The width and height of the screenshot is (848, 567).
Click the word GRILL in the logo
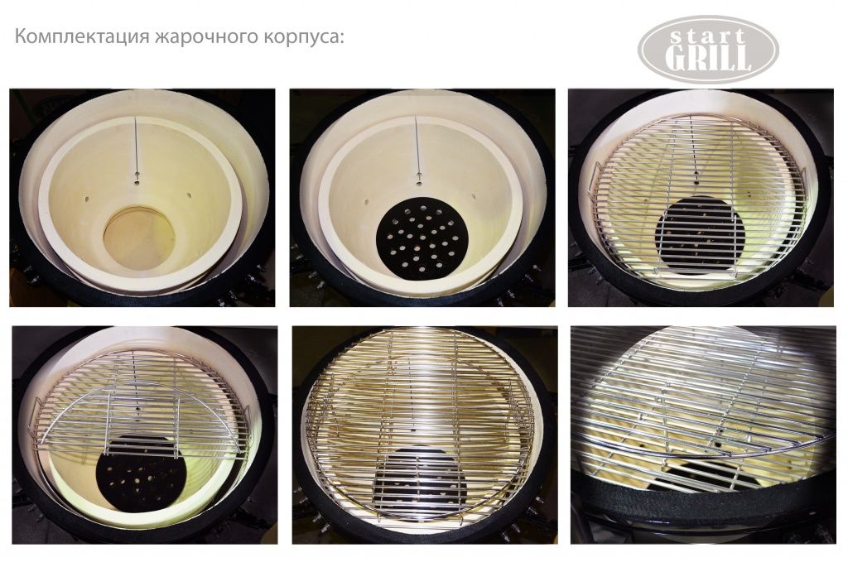click(x=708, y=57)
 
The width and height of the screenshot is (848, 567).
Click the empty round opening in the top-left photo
click(x=139, y=237)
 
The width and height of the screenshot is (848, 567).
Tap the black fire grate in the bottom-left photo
click(x=142, y=471)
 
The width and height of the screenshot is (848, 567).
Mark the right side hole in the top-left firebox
click(x=190, y=195)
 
